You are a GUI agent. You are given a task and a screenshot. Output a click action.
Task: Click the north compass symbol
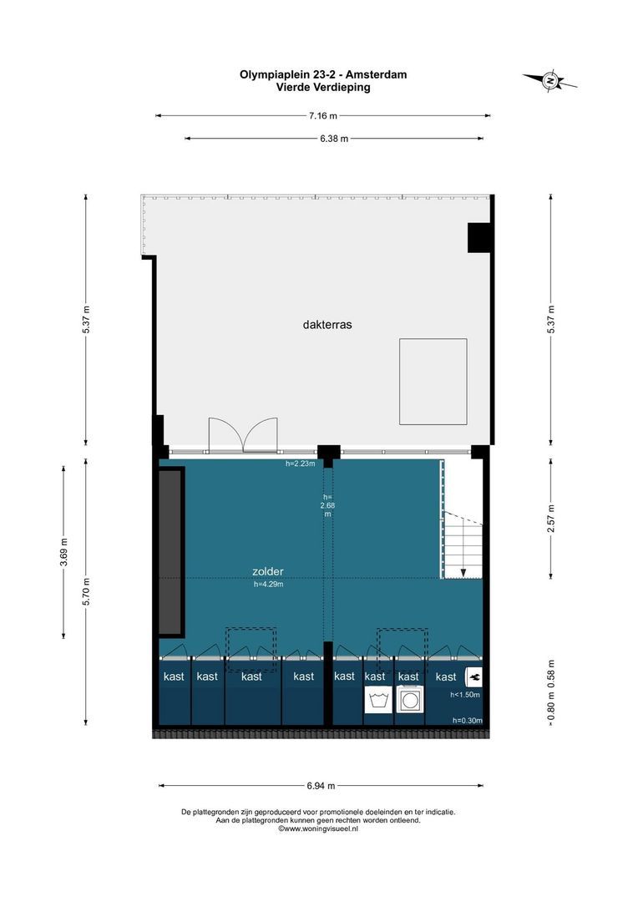tap(550, 81)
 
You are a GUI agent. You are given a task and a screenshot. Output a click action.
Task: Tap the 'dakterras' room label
tap(327, 324)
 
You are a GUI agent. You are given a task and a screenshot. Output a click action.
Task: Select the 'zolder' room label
tap(268, 571)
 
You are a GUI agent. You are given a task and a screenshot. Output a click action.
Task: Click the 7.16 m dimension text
tap(322, 115)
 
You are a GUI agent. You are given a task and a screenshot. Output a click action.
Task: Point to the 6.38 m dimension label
tap(334, 139)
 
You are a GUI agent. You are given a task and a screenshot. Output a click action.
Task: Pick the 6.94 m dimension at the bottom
tap(321, 785)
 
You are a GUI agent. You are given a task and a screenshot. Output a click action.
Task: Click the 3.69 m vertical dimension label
tap(63, 552)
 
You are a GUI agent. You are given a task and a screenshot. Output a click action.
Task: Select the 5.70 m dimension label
tap(86, 590)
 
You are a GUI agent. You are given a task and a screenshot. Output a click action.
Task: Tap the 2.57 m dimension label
tap(550, 519)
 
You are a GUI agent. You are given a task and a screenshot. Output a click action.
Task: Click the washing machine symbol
tap(378, 700)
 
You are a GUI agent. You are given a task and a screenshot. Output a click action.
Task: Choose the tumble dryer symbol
tap(410, 700)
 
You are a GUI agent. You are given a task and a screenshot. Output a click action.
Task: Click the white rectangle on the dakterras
tap(433, 382)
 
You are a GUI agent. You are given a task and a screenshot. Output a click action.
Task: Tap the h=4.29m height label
tap(269, 584)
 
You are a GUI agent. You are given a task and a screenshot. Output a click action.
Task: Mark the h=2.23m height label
tap(301, 464)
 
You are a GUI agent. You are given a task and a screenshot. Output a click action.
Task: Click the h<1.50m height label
tap(465, 694)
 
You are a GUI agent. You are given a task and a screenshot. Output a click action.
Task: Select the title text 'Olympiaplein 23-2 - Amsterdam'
tap(323, 74)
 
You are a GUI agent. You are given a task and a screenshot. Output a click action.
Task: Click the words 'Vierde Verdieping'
tap(323, 88)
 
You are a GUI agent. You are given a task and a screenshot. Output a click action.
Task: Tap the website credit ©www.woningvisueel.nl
tap(318, 829)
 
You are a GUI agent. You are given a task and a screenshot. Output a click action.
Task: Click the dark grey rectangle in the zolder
tap(171, 552)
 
